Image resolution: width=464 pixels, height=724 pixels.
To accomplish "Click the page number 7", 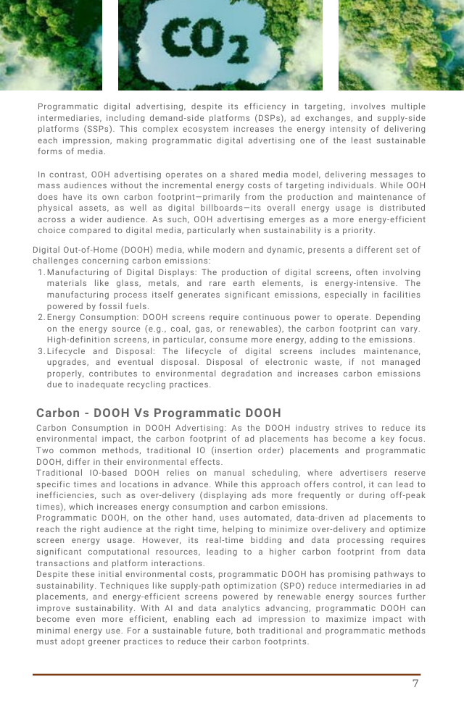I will [x=415, y=683].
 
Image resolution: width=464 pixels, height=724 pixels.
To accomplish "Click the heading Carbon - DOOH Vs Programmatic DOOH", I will [x=158, y=413].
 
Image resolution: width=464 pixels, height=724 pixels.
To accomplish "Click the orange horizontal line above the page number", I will [x=226, y=674].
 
